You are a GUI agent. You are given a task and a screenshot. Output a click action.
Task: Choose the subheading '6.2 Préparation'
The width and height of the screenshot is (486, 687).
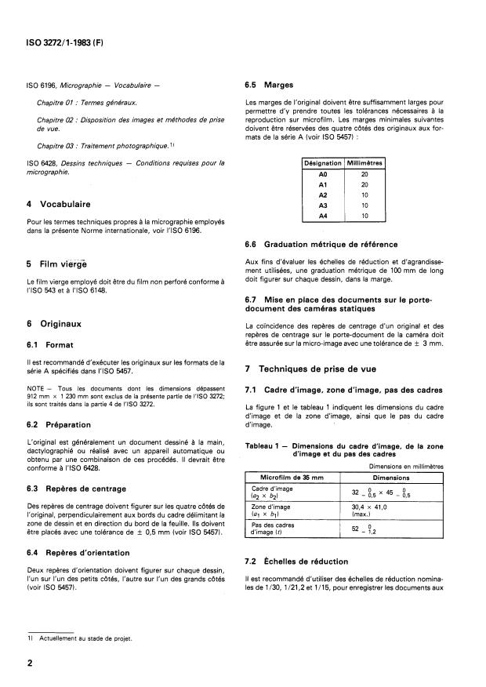[59, 424]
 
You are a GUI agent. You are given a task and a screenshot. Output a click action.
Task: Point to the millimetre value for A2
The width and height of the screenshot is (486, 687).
[364, 194]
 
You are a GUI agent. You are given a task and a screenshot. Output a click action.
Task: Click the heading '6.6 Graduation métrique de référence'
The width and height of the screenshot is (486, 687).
[321, 244]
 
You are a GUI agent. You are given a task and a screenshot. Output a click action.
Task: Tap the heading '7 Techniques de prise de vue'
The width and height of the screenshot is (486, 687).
[321, 368]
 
